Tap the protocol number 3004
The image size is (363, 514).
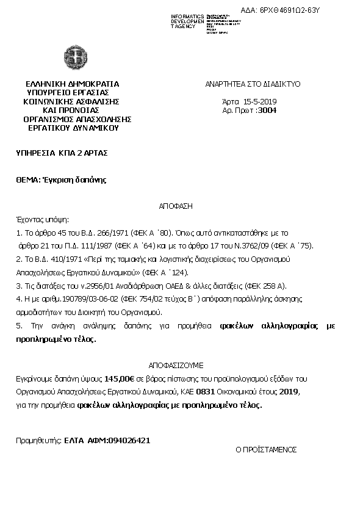[267, 110]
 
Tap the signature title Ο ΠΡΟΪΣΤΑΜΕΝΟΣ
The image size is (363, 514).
[266, 449]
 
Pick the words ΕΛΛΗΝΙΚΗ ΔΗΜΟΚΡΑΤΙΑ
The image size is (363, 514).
[73, 84]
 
